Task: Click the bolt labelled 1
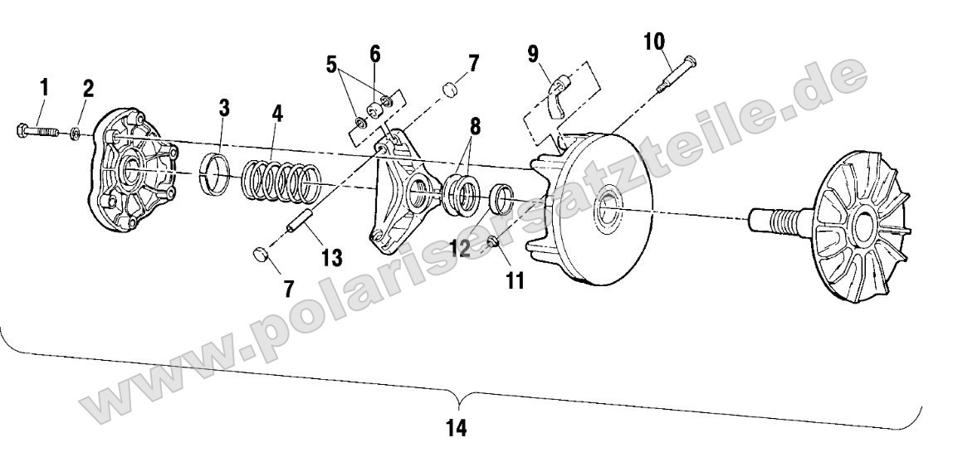click(x=37, y=130)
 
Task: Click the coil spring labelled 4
click(x=281, y=182)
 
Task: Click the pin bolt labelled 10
click(x=676, y=74)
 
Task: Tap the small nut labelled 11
click(x=493, y=242)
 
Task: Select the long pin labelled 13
click(x=300, y=221)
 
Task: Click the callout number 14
click(x=457, y=428)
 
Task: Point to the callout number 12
click(x=460, y=247)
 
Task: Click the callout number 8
click(x=475, y=126)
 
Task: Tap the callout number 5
click(x=331, y=64)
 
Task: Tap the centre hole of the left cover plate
click(x=133, y=172)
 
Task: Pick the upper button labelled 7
click(x=450, y=90)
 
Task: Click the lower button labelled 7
click(x=261, y=254)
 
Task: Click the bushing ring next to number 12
click(x=501, y=197)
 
